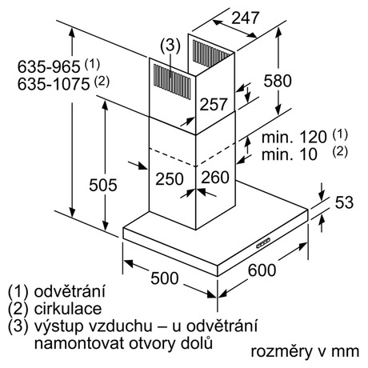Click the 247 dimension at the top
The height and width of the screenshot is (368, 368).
click(245, 18)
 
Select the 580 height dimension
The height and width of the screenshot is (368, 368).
click(278, 81)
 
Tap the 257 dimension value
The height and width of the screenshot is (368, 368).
click(214, 104)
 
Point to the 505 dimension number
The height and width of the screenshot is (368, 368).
click(103, 185)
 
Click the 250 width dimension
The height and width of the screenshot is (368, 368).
click(170, 178)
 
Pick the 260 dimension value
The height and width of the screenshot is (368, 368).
click(215, 178)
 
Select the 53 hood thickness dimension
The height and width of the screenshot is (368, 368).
click(344, 202)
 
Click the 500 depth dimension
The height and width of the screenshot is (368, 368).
click(165, 278)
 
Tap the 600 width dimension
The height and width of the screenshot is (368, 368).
click(262, 270)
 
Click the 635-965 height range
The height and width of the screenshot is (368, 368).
click(49, 66)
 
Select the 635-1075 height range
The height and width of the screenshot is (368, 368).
click(54, 84)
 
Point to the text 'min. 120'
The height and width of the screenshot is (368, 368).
click(294, 137)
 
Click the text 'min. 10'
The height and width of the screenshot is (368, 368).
click(290, 154)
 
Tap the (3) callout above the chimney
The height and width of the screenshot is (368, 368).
click(170, 46)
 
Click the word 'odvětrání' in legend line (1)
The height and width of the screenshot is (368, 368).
click(70, 291)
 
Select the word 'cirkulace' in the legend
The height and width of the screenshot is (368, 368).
click(68, 309)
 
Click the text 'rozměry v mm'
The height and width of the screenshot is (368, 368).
click(305, 351)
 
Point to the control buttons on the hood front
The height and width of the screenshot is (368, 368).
click(263, 243)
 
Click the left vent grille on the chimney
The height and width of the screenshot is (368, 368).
click(172, 82)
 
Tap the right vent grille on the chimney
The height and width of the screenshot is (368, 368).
click(210, 54)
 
